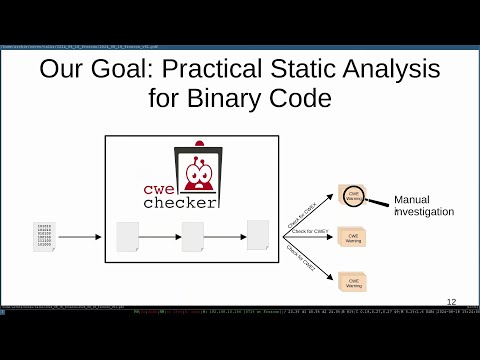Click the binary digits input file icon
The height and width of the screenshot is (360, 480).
(44, 237)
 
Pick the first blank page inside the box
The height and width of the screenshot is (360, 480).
(127, 237)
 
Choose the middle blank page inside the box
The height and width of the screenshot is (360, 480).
(193, 237)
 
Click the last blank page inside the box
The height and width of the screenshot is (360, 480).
(258, 234)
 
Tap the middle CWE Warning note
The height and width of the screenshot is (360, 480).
(354, 238)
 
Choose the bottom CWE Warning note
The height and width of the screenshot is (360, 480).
(354, 281)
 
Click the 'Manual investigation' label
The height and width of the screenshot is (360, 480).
(424, 205)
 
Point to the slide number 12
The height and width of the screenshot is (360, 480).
(451, 301)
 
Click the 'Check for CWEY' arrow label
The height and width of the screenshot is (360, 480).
(310, 232)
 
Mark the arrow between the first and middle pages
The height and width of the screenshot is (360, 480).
(160, 237)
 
